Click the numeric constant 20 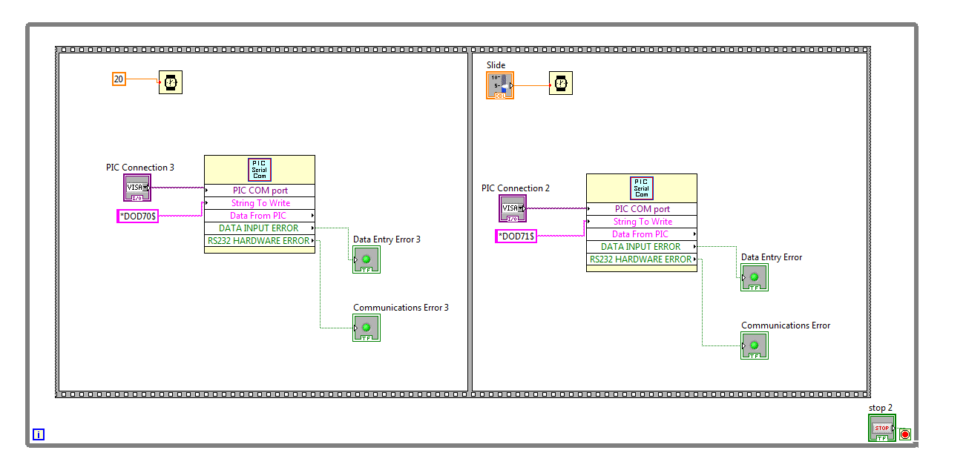pyautogui.click(x=119, y=79)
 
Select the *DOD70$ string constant pyautogui.click(x=138, y=216)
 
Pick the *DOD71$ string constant pyautogui.click(x=516, y=236)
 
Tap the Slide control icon pyautogui.click(x=500, y=85)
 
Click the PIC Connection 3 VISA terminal pyautogui.click(x=137, y=188)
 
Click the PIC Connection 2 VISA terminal pyautogui.click(x=512, y=208)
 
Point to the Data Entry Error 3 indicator pyautogui.click(x=367, y=259)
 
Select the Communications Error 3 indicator pyautogui.click(x=367, y=328)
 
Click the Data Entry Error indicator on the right pyautogui.click(x=754, y=277)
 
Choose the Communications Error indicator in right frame pyautogui.click(x=754, y=345)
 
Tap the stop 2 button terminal pyautogui.click(x=881, y=428)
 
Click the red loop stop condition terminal pyautogui.click(x=905, y=434)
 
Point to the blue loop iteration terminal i pyautogui.click(x=39, y=434)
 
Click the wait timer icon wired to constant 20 pyautogui.click(x=171, y=82)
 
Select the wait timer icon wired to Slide pyautogui.click(x=561, y=83)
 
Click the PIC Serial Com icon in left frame pyautogui.click(x=260, y=170)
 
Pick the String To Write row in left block pyautogui.click(x=260, y=203)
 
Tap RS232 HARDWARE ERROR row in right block pyautogui.click(x=642, y=259)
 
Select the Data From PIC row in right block pyautogui.click(x=642, y=234)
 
